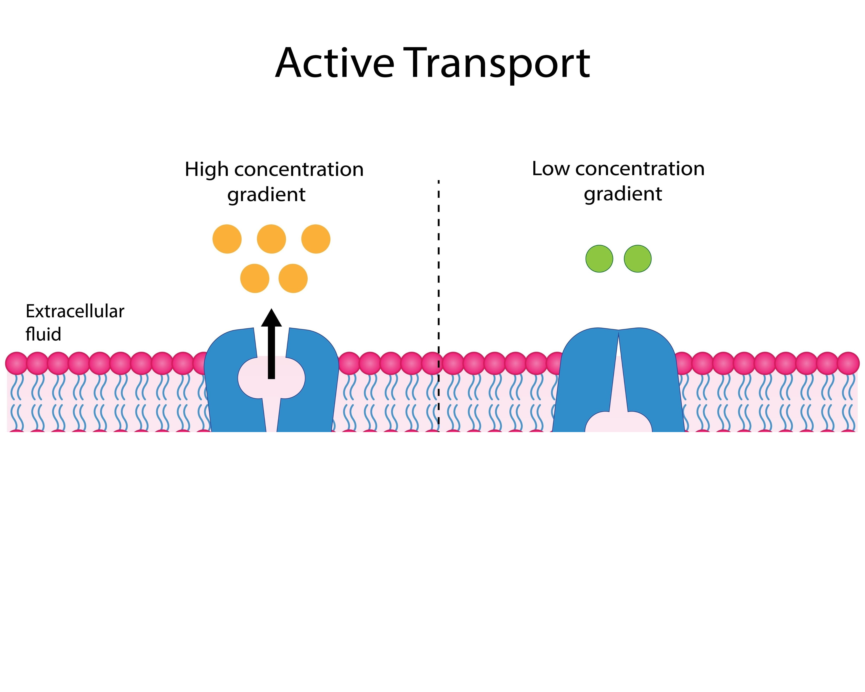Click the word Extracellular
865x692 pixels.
click(x=75, y=311)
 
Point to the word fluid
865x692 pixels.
click(x=43, y=334)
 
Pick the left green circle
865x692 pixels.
click(x=599, y=259)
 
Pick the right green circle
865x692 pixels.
click(x=637, y=259)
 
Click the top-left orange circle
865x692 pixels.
click(x=227, y=239)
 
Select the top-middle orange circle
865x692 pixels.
click(x=271, y=239)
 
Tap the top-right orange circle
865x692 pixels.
click(x=316, y=239)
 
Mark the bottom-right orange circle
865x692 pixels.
click(x=293, y=278)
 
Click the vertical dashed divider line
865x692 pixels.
click(x=438, y=281)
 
